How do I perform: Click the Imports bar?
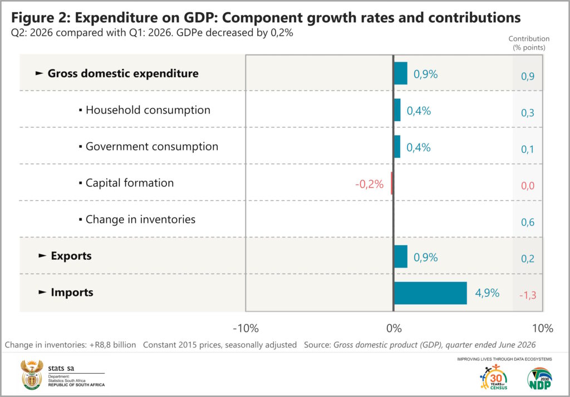pos(430,293)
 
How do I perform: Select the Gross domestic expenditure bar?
pos(401,73)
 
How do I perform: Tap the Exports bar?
pos(401,256)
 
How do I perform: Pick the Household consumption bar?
pos(397,110)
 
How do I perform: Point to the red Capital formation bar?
pos(392,183)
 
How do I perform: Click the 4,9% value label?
pos(487,293)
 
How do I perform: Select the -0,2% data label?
pos(370,184)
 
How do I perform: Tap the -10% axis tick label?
pos(245,329)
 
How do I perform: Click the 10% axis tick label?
pos(543,329)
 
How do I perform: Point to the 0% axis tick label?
pos(394,329)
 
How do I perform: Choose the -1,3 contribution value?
pos(528,295)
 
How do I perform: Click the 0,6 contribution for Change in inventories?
pos(528,222)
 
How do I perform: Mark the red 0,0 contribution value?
pos(528,186)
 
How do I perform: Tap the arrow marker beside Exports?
pos(42,256)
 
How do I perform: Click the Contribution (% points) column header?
pos(529,43)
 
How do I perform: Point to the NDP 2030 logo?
pos(540,379)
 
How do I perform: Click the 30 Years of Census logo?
pos(494,378)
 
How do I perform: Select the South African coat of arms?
pos(32,375)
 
